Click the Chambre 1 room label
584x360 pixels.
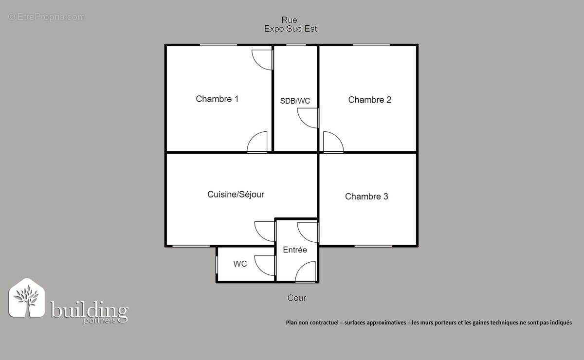(x=217, y=99)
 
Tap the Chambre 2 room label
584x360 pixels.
(x=370, y=100)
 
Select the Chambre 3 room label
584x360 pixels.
(x=366, y=197)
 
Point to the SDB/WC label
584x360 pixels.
(x=295, y=101)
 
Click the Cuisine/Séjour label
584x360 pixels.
(x=236, y=195)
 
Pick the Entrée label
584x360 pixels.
(x=295, y=250)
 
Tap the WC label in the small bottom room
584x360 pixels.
(x=240, y=264)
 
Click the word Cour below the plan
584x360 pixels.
(x=296, y=298)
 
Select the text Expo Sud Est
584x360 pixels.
(x=291, y=29)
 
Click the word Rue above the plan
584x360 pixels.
(x=290, y=20)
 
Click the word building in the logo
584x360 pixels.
(x=90, y=310)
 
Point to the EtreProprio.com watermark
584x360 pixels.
(x=47, y=17)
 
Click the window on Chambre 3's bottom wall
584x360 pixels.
(x=373, y=246)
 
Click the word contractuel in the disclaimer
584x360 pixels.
(x=322, y=322)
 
